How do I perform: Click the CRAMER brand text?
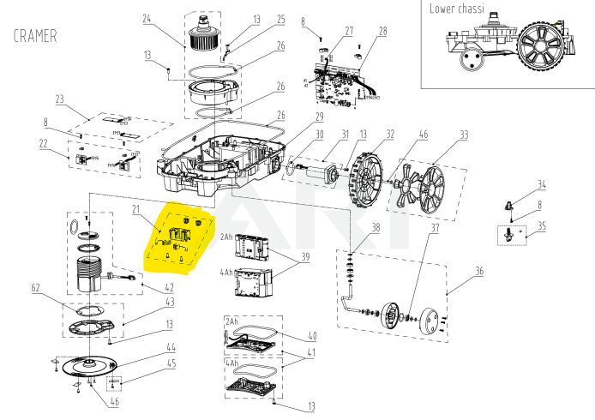[35, 36]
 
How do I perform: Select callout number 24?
[147, 18]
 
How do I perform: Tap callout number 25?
[256, 19]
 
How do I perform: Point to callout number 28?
[382, 31]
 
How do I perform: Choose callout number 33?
[464, 135]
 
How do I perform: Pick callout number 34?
[542, 184]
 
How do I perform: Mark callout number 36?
[478, 272]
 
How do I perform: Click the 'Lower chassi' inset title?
[456, 9]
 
